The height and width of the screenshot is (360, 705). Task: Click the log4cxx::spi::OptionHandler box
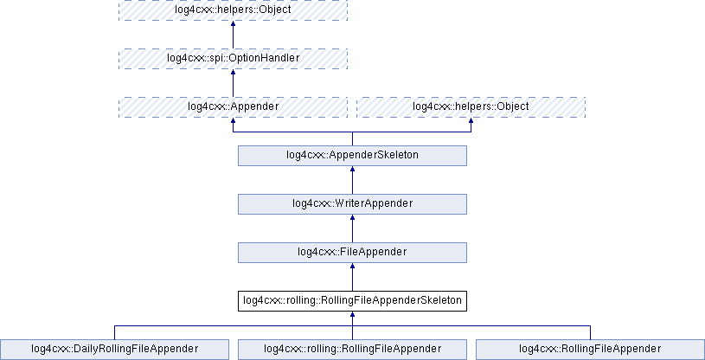pos(233,58)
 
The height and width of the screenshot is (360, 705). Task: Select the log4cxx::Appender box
pos(233,106)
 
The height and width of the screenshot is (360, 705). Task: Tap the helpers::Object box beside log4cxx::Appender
pos(471,106)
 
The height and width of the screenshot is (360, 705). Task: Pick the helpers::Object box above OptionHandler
pos(233,10)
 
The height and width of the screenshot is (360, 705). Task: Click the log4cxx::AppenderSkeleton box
pos(352,155)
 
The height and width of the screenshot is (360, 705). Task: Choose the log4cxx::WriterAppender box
pos(352,203)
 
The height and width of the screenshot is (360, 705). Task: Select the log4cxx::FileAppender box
pos(352,252)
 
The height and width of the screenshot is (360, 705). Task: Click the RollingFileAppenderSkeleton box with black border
pos(352,300)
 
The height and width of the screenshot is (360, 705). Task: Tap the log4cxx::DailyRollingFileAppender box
pos(115,349)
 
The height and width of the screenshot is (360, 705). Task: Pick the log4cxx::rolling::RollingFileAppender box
pos(352,349)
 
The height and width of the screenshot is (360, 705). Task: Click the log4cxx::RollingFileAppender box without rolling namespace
pos(590,349)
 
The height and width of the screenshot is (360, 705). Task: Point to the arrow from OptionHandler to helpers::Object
pos(233,35)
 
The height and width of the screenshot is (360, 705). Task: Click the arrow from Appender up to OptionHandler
pos(233,83)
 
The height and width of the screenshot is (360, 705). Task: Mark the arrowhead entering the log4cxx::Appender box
pos(233,122)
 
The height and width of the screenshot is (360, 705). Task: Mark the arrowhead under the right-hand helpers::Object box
pos(471,122)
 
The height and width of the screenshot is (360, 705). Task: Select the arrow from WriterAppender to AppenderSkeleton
pos(352,180)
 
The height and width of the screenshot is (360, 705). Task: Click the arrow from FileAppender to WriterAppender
pos(352,228)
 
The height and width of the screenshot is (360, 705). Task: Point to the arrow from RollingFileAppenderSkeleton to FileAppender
pos(352,277)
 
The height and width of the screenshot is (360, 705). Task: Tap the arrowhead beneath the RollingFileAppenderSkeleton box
pos(352,316)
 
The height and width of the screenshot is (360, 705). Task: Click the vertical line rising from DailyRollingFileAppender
pos(115,331)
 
